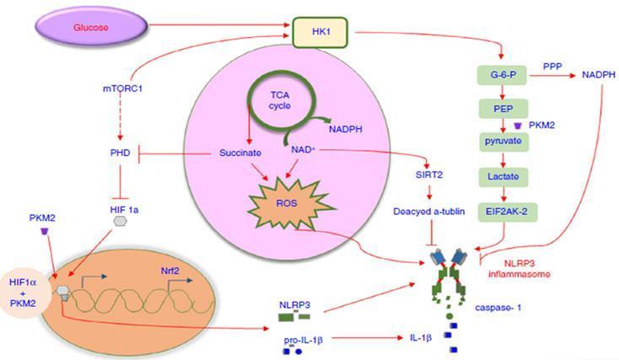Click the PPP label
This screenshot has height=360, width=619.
click(552, 65)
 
